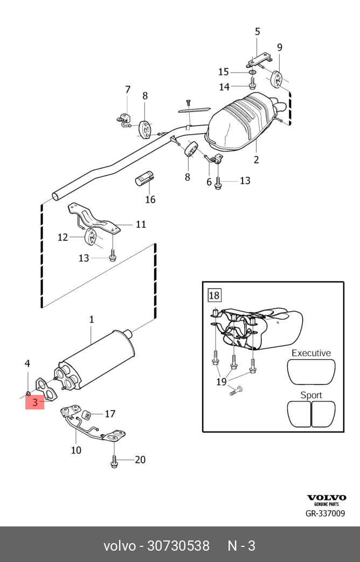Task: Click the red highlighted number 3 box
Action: [35, 402]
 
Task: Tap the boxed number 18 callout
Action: [214, 295]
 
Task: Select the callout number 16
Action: [150, 200]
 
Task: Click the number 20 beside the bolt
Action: [140, 460]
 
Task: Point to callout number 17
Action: [110, 414]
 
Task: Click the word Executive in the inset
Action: [311, 353]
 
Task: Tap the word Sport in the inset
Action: [311, 395]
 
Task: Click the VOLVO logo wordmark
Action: [327, 497]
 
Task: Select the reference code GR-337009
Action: [325, 514]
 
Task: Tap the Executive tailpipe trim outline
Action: [311, 371]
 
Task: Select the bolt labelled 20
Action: [114, 461]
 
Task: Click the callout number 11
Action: [141, 224]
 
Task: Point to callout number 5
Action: [257, 32]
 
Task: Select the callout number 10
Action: [76, 450]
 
